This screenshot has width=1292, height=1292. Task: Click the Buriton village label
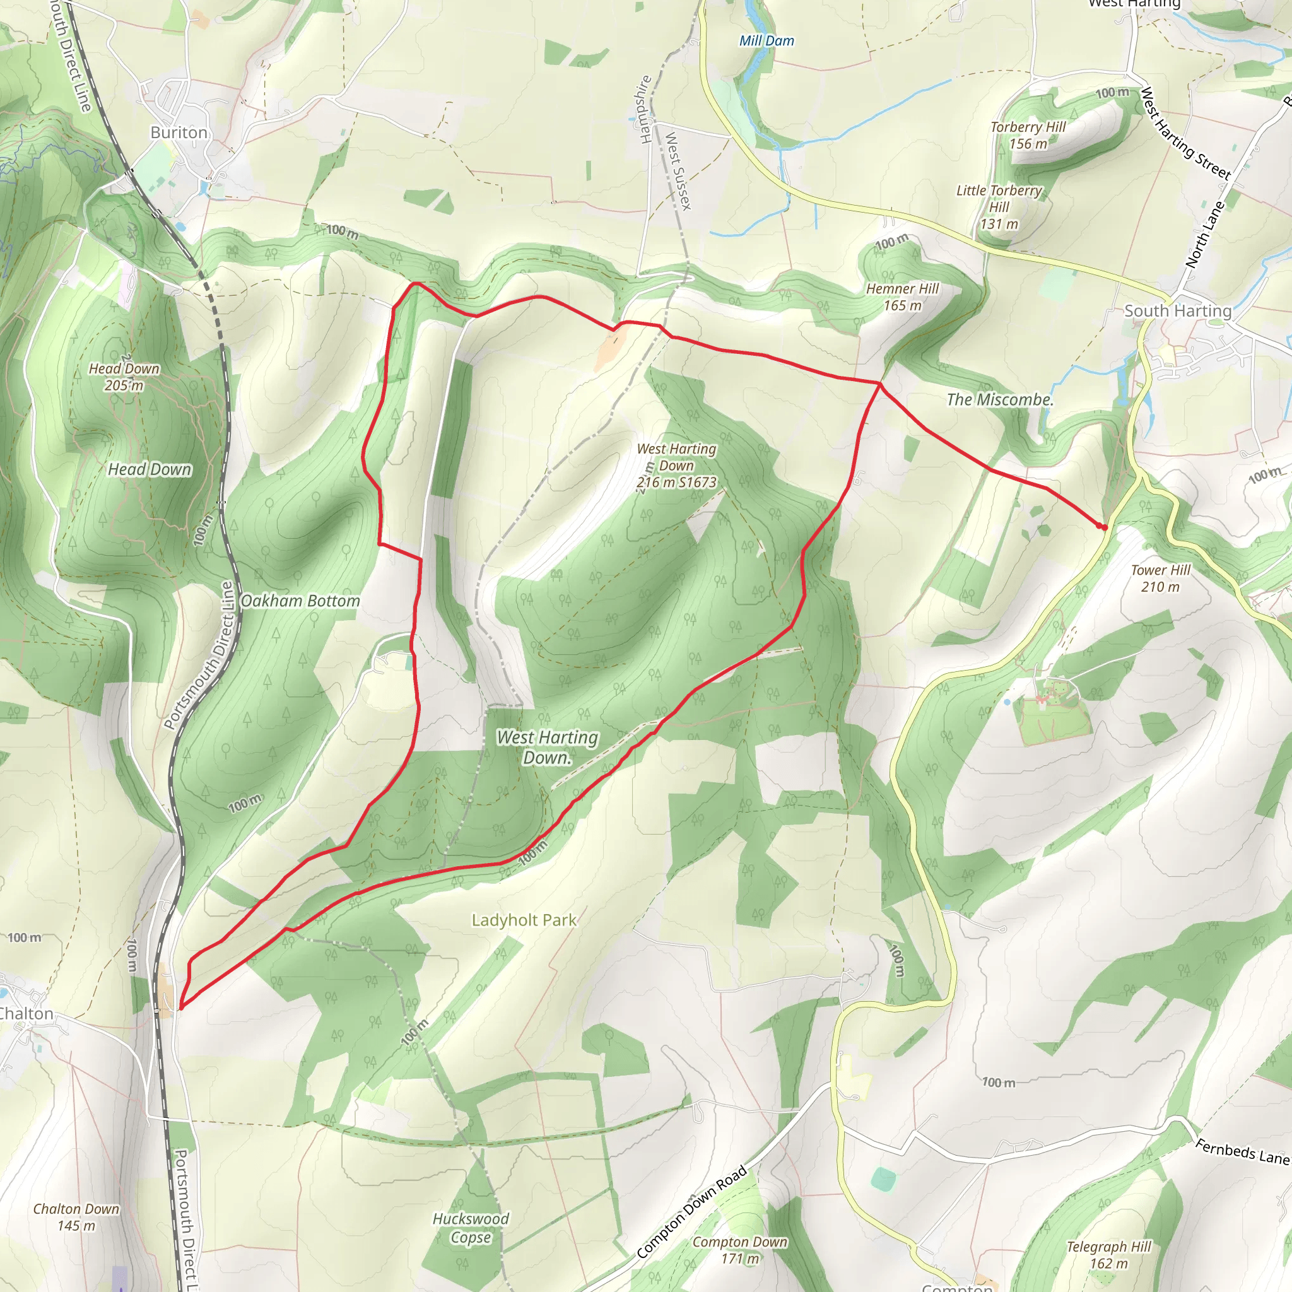pos(179,132)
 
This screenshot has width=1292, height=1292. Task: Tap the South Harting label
pos(1177,311)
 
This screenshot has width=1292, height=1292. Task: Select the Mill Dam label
pos(766,41)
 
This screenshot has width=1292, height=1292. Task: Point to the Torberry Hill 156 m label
pos(1028,135)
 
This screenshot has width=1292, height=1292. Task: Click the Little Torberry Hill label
pos(999,207)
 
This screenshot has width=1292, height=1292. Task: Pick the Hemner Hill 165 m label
pos(902,297)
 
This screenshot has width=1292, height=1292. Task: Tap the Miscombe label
pos(1000,400)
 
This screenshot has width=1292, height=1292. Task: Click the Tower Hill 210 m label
pos(1160,578)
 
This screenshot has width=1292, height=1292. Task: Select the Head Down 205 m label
pos(124,377)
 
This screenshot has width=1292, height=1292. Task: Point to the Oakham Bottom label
pos(300,601)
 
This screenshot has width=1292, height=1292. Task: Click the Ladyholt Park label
pos(524,920)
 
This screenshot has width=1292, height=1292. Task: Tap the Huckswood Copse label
pos(471,1228)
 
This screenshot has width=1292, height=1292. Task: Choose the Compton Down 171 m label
pos(739,1250)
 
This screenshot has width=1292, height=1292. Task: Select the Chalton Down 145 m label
pos(76,1217)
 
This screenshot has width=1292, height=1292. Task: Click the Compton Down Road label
pos(691,1213)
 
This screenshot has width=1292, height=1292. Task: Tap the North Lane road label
pos(1205,234)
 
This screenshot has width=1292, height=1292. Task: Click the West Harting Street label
pos(1185,134)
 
